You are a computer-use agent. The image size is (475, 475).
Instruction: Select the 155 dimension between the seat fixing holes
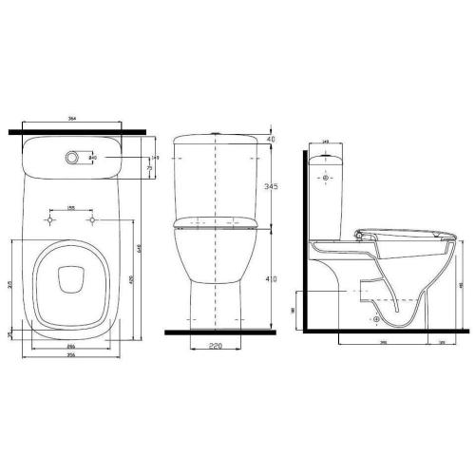click(x=71, y=207)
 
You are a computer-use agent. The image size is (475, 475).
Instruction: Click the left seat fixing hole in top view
click(x=47, y=220)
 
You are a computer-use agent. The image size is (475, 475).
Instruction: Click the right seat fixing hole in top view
click(x=93, y=220)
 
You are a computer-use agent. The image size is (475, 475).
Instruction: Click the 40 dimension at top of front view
click(x=271, y=140)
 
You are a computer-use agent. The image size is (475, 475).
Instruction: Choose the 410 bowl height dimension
click(x=271, y=281)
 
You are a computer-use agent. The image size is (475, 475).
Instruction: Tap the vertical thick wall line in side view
click(x=303, y=237)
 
